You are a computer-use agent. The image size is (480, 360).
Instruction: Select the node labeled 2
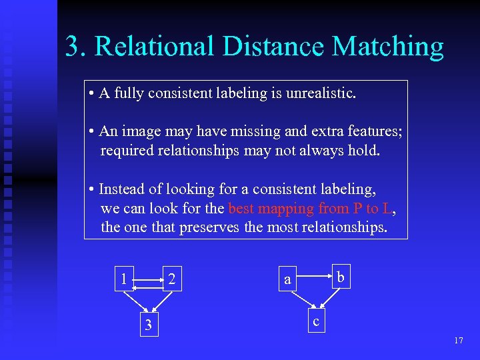(172, 278)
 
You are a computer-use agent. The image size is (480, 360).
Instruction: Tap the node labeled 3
(149, 325)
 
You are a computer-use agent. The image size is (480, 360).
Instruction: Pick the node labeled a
(287, 279)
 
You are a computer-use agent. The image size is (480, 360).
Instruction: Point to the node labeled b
(340, 276)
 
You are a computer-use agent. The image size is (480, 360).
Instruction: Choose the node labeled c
(316, 321)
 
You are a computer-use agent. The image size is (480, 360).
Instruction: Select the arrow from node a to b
(313, 272)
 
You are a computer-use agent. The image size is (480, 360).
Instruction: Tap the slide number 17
(458, 341)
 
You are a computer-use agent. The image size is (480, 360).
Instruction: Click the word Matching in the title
(387, 46)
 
